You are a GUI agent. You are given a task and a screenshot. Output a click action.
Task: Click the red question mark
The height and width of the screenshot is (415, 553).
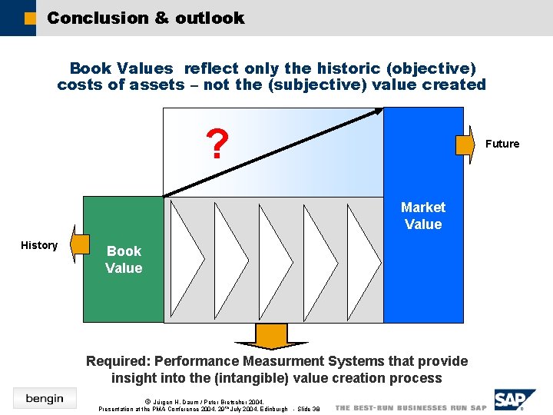click(x=218, y=144)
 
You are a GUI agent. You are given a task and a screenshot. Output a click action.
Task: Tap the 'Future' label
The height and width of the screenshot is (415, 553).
click(x=502, y=144)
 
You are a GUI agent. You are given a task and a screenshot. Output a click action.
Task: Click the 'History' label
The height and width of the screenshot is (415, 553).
click(x=39, y=245)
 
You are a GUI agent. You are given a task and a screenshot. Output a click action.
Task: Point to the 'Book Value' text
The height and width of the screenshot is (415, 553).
click(x=124, y=260)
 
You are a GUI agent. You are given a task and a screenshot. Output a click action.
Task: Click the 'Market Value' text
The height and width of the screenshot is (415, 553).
click(x=422, y=216)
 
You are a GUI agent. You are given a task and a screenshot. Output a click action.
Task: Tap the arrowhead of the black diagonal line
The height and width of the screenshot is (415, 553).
click(x=378, y=112)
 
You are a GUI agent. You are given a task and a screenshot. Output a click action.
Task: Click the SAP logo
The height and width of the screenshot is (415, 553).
click(x=512, y=400)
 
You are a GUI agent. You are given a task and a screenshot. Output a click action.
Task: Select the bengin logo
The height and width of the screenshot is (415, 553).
click(x=45, y=398)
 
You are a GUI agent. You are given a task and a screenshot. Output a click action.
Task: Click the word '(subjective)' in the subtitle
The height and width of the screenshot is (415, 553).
click(x=316, y=85)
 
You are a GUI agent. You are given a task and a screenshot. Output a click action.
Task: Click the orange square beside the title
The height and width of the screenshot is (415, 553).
click(x=30, y=18)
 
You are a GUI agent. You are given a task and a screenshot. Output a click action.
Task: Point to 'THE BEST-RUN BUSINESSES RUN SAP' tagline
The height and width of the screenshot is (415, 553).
click(x=411, y=408)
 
